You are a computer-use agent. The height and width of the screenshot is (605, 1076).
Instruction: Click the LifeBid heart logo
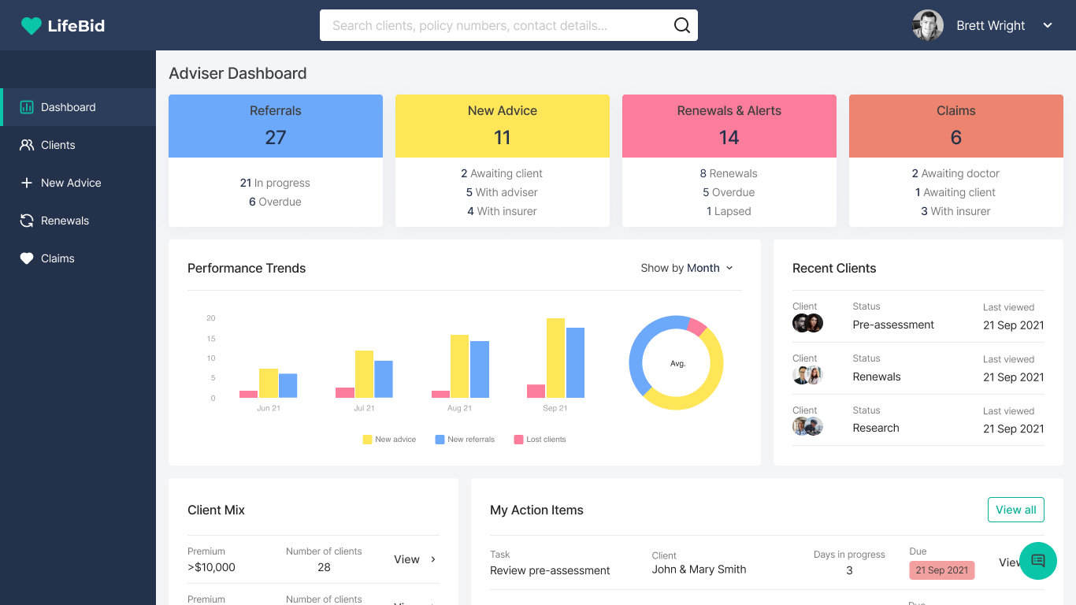coord(31,26)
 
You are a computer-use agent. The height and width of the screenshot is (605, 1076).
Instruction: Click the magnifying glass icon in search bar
coord(681,25)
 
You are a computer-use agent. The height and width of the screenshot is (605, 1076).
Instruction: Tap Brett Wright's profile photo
coord(928,25)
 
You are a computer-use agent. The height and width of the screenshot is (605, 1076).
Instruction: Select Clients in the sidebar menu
coord(58,145)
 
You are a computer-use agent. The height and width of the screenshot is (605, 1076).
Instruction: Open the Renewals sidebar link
coord(65,221)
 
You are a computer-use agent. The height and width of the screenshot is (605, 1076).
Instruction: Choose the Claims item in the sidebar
coord(58,258)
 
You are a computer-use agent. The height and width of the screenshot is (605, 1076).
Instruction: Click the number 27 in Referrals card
coord(276,138)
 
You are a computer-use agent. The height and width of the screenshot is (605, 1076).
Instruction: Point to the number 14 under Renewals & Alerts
coord(729,138)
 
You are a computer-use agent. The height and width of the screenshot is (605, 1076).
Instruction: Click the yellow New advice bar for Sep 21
coord(555,358)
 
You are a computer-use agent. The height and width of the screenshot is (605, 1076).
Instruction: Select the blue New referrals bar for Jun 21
coord(288,386)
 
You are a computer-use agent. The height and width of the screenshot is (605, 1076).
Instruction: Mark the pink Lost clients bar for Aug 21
coord(441,394)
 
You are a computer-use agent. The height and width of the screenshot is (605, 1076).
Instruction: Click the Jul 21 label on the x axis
coord(364,408)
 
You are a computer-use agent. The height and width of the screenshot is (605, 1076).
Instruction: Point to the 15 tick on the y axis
coord(211,339)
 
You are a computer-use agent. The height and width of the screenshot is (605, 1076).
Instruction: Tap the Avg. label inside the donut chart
coord(677,364)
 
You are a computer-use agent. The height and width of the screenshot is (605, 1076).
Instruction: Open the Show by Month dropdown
coord(687,268)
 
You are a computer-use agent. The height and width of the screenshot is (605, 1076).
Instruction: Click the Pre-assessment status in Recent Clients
coord(893,325)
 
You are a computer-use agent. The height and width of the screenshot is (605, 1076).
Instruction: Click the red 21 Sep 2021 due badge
coord(941,570)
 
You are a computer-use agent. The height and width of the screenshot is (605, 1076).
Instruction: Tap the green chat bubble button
coord(1038,561)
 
